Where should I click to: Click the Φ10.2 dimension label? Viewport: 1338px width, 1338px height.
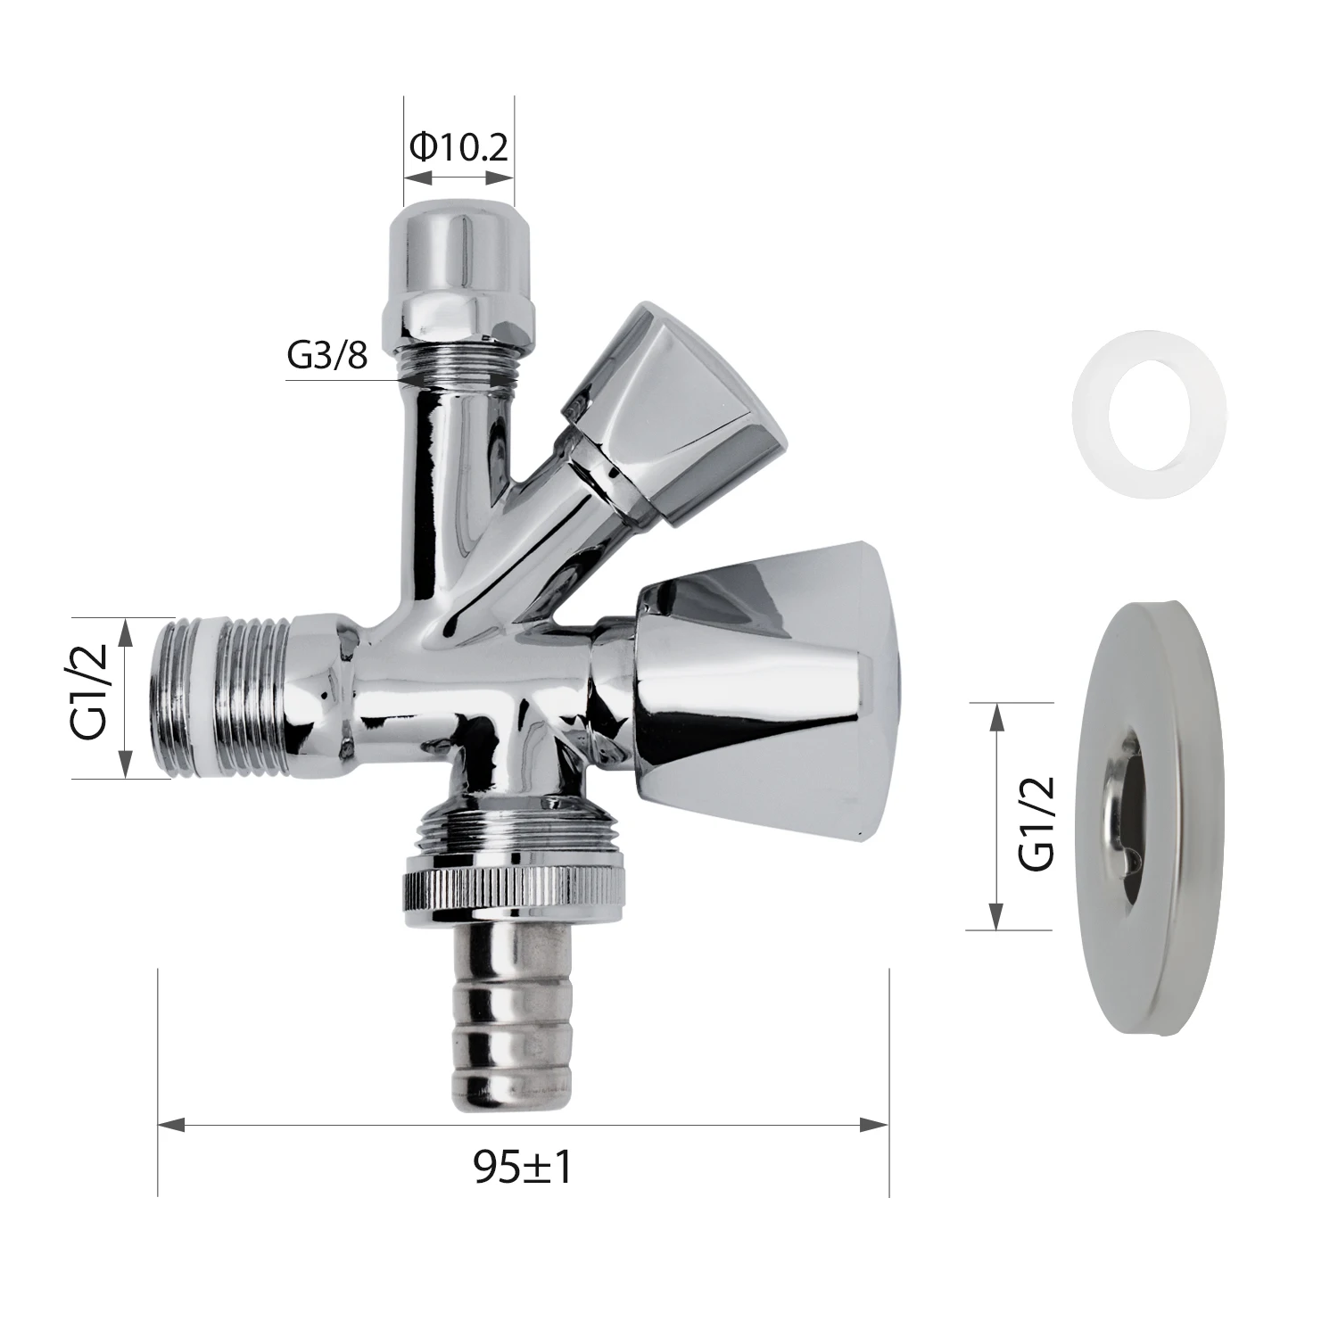pyautogui.click(x=458, y=146)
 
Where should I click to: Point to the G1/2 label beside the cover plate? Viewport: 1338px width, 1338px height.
pyautogui.click(x=1037, y=822)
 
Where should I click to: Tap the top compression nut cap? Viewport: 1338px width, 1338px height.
pyautogui.click(x=458, y=250)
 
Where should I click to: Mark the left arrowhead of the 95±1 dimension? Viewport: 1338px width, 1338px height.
pyautogui.click(x=169, y=1126)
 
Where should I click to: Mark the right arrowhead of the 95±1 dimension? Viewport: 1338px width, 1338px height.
pyautogui.click(x=876, y=1126)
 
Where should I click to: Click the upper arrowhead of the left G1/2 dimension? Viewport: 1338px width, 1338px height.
pyautogui.click(x=125, y=630)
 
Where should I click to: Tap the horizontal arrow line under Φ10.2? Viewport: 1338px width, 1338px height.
pyautogui.click(x=458, y=178)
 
